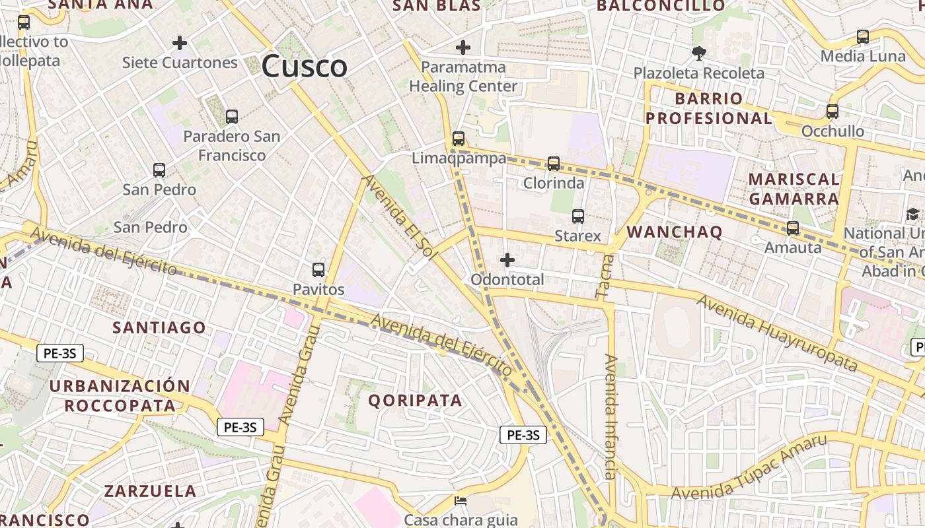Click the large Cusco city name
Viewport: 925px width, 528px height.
tap(305, 66)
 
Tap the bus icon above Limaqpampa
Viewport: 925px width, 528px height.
tap(459, 139)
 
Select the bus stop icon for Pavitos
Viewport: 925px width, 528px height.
tap(318, 269)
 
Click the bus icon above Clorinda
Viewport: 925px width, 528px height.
tap(554, 163)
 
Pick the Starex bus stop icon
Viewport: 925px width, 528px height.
tap(578, 216)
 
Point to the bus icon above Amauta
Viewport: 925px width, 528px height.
tap(793, 228)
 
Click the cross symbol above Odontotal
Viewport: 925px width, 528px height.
tap(507, 260)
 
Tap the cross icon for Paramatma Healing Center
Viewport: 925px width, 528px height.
tap(463, 48)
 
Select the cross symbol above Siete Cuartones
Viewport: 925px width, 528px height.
tap(180, 44)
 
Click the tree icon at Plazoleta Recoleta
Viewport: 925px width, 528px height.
tap(698, 53)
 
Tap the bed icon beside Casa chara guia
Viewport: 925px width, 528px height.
tap(461, 501)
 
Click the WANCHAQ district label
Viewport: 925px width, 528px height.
tap(675, 232)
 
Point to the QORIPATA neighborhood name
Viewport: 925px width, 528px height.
tap(415, 400)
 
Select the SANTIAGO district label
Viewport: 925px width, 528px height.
tap(159, 327)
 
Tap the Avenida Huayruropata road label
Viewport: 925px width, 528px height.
tap(777, 333)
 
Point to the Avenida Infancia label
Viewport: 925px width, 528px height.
tap(611, 416)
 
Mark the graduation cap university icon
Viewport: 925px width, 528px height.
tap(912, 214)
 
